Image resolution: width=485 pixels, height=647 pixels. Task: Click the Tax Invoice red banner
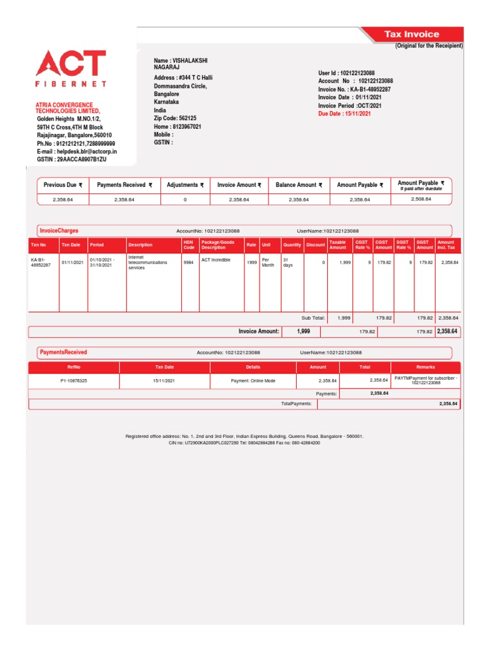tap(412, 34)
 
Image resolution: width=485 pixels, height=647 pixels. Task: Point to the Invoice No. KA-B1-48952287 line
tap(354, 90)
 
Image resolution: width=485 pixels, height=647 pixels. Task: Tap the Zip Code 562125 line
tap(175, 118)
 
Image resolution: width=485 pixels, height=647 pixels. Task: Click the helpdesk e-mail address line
tap(76, 152)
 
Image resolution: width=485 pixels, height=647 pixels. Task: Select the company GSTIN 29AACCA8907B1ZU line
tap(71, 160)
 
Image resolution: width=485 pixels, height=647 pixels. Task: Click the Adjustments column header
tap(185, 185)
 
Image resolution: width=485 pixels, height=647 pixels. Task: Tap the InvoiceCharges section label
tap(59, 231)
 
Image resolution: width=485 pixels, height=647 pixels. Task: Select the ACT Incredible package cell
tap(216, 260)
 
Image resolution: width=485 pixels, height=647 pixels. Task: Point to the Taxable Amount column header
tap(338, 245)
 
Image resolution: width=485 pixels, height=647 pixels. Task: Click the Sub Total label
tap(313, 318)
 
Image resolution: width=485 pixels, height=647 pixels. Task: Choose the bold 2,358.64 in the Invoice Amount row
tap(447, 331)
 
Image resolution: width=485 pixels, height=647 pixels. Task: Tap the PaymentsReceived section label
tap(63, 352)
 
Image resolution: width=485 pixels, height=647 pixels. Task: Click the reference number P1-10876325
tap(73, 381)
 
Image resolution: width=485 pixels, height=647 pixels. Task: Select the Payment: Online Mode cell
tap(253, 381)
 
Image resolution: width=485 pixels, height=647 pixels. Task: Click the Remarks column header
tap(426, 367)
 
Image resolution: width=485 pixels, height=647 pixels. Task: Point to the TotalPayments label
tap(296, 403)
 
